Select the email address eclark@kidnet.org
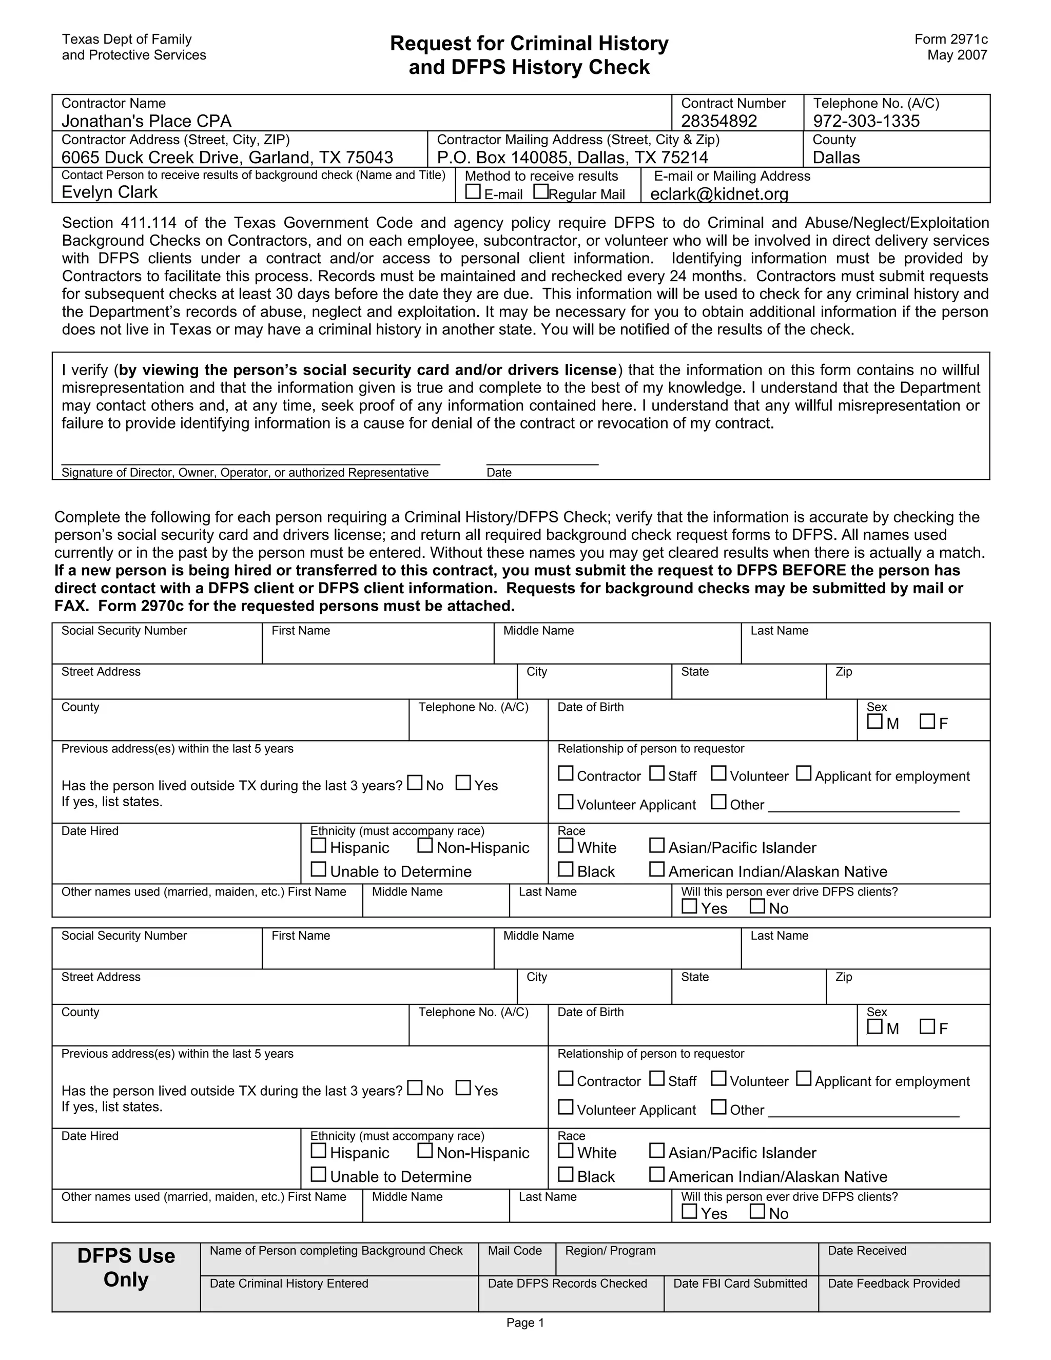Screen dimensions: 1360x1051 719,195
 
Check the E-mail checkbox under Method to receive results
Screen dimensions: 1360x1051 473,192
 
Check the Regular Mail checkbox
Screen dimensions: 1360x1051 541,192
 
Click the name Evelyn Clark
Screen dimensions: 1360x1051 110,192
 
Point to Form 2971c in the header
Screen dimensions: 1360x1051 951,39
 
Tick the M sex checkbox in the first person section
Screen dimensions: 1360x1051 875,722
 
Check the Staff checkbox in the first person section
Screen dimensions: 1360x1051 657,773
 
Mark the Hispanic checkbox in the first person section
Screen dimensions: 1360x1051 318,846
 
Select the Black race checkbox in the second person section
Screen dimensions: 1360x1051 566,1174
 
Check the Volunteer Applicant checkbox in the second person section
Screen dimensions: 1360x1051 566,1107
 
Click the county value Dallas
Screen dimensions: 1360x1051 835,158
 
